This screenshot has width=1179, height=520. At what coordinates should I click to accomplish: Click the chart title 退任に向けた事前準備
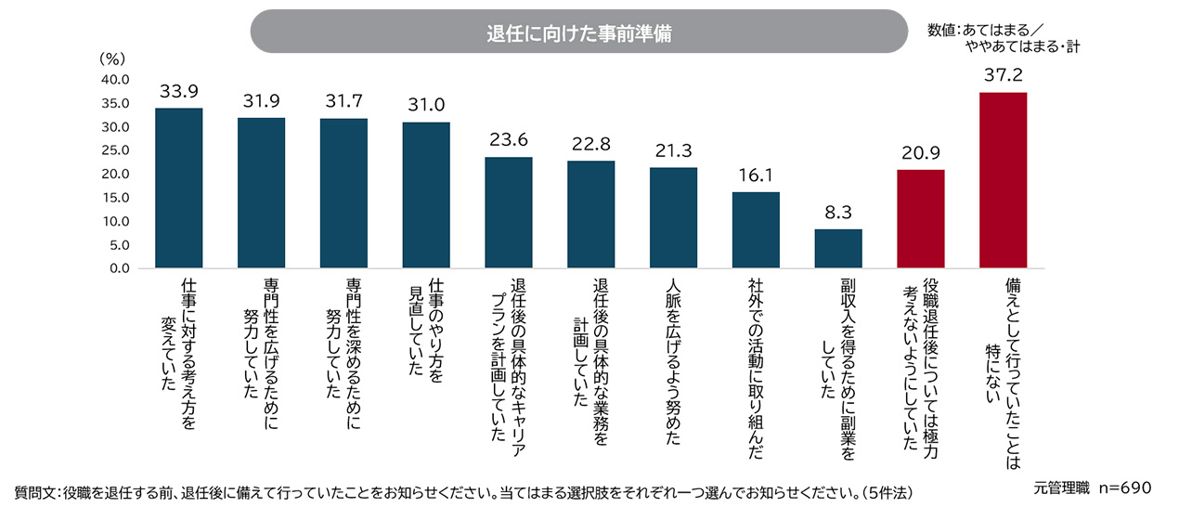[579, 33]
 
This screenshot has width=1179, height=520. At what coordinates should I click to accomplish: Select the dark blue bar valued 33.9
[178, 188]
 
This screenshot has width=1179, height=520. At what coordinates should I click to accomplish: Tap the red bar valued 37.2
[1003, 180]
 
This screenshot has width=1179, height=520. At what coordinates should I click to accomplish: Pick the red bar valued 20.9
[921, 218]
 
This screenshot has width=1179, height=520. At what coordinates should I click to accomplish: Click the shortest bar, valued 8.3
[838, 249]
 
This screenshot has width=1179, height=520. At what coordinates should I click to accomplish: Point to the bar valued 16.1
[756, 230]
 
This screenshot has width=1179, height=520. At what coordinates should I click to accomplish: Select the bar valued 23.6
[509, 212]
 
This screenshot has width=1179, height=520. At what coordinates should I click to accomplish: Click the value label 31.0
[426, 105]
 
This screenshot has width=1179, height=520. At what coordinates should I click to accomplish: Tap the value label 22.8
[591, 144]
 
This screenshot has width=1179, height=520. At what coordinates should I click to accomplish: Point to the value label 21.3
[673, 151]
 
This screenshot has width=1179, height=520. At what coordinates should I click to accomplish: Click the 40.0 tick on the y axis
[115, 80]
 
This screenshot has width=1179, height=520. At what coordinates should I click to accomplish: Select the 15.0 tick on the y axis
[115, 198]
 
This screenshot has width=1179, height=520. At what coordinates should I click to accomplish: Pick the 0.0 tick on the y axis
[120, 268]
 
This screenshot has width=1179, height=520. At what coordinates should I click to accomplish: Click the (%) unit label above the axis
[112, 58]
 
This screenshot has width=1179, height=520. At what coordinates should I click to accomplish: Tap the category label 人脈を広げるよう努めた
[673, 361]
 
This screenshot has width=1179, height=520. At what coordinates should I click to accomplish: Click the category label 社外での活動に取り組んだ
[756, 369]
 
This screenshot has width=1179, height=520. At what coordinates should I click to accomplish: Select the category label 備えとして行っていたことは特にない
[1004, 373]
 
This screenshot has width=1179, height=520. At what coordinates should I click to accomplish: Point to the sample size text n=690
[1125, 487]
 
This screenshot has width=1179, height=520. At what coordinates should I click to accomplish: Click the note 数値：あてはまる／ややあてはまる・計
[1004, 38]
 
